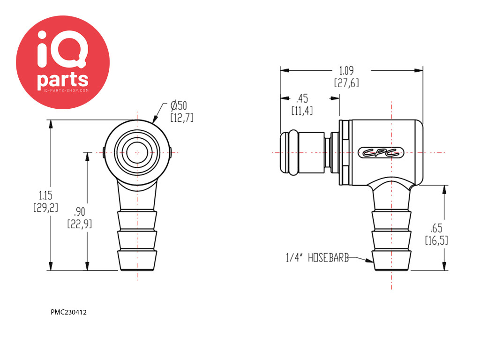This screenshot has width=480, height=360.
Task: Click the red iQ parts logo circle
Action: (63, 62)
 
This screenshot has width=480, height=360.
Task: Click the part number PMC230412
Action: (68, 312)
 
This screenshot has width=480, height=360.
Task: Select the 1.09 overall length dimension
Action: (346, 71)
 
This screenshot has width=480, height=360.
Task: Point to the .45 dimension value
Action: (302, 98)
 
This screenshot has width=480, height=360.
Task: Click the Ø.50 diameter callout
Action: (179, 105)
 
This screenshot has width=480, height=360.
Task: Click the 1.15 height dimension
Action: (45, 195)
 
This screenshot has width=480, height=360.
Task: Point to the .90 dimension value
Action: (79, 212)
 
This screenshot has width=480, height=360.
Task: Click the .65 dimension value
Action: (436, 228)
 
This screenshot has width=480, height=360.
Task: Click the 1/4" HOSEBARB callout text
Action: (317, 258)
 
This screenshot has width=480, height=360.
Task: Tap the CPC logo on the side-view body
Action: (381, 153)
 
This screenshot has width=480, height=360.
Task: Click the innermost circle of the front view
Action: (137, 152)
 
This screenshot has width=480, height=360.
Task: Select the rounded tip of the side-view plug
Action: (284, 152)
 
